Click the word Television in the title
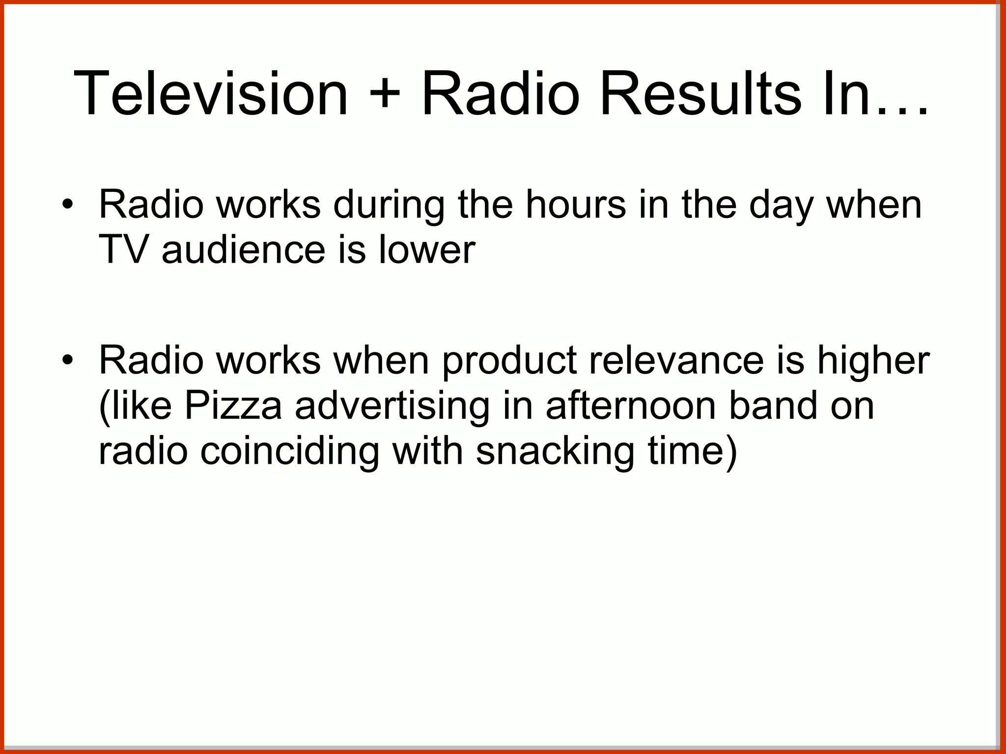[210, 93]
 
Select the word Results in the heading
[700, 93]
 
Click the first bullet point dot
[68, 204]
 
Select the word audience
[243, 249]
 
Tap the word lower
[426, 249]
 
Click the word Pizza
[233, 406]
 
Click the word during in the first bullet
[388, 205]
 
